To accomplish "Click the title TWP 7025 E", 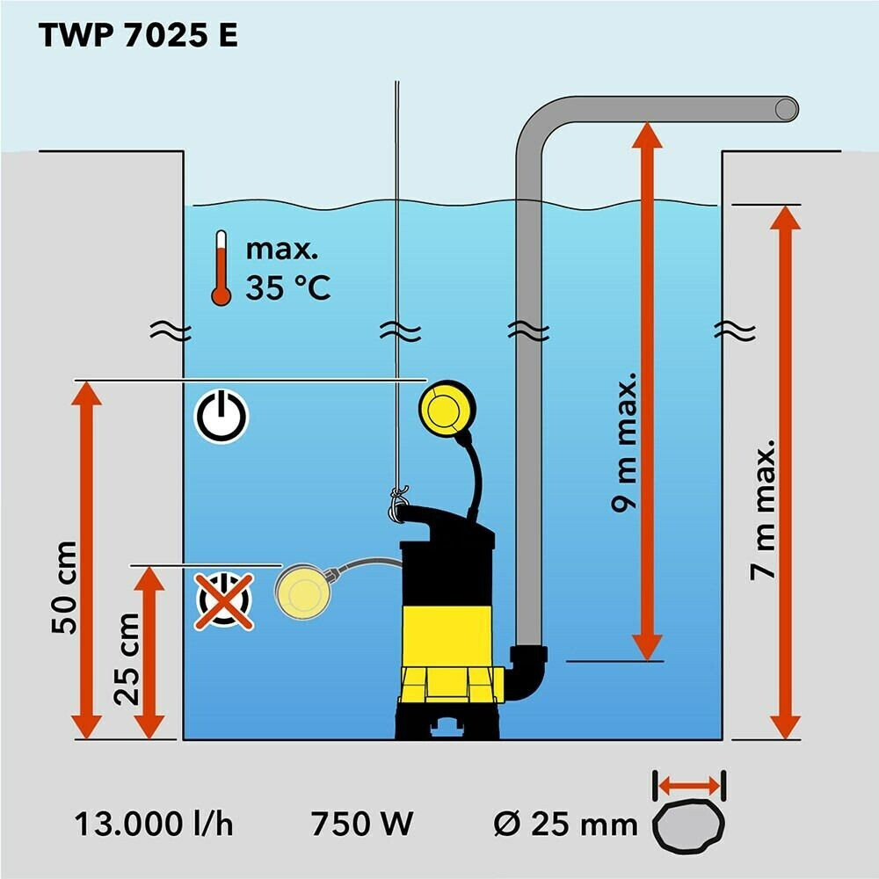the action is click(139, 35).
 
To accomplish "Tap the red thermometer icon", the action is click(221, 268).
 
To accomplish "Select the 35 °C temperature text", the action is click(288, 287).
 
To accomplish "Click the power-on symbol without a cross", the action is click(221, 417).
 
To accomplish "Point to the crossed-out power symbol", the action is click(223, 600).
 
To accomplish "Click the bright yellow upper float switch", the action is click(447, 408).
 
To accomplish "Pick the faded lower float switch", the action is click(301, 592).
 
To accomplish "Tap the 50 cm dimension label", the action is click(64, 588).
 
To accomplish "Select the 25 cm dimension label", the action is click(127, 659).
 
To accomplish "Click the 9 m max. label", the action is click(624, 442).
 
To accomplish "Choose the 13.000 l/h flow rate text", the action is click(154, 825).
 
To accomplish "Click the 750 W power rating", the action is click(362, 825).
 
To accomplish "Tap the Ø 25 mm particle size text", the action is click(565, 825).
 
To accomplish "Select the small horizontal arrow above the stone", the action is click(689, 785).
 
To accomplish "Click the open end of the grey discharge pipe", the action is click(786, 109).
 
